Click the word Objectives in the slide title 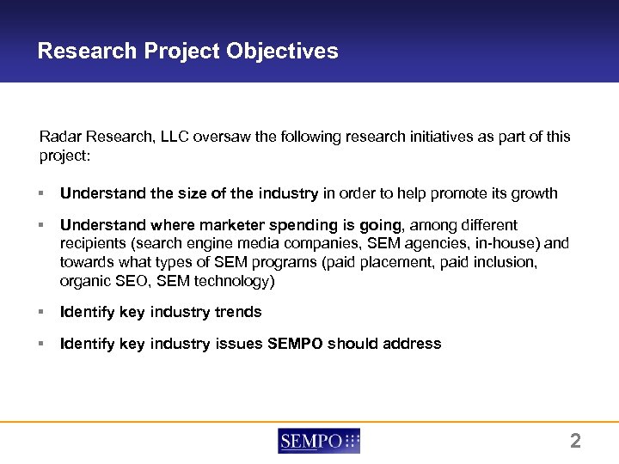coord(283,52)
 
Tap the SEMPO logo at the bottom coord(319,441)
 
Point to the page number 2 coord(575,442)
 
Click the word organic coord(85,282)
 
